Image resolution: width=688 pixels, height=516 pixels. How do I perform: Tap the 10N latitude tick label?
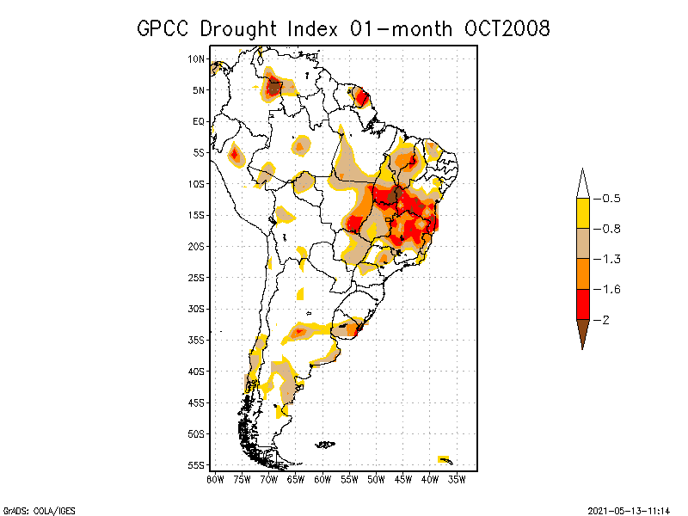[196, 58]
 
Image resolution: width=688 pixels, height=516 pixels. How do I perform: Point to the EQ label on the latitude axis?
[198, 121]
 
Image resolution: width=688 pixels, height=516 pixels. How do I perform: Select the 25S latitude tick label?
[196, 277]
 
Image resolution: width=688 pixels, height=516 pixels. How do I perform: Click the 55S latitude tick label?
[196, 464]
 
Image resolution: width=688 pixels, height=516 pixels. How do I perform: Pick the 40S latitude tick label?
[196, 371]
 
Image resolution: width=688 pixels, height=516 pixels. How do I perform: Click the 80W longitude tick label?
[215, 479]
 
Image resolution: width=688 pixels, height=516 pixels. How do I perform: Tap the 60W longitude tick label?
[322, 479]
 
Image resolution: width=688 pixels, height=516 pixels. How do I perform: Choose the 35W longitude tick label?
[457, 479]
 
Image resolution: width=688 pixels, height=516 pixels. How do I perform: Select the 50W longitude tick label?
[376, 479]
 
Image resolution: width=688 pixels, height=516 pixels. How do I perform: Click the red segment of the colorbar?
[582, 304]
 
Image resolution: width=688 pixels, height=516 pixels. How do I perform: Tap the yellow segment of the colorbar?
[582, 213]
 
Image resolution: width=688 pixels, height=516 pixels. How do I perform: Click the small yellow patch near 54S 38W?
[444, 458]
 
